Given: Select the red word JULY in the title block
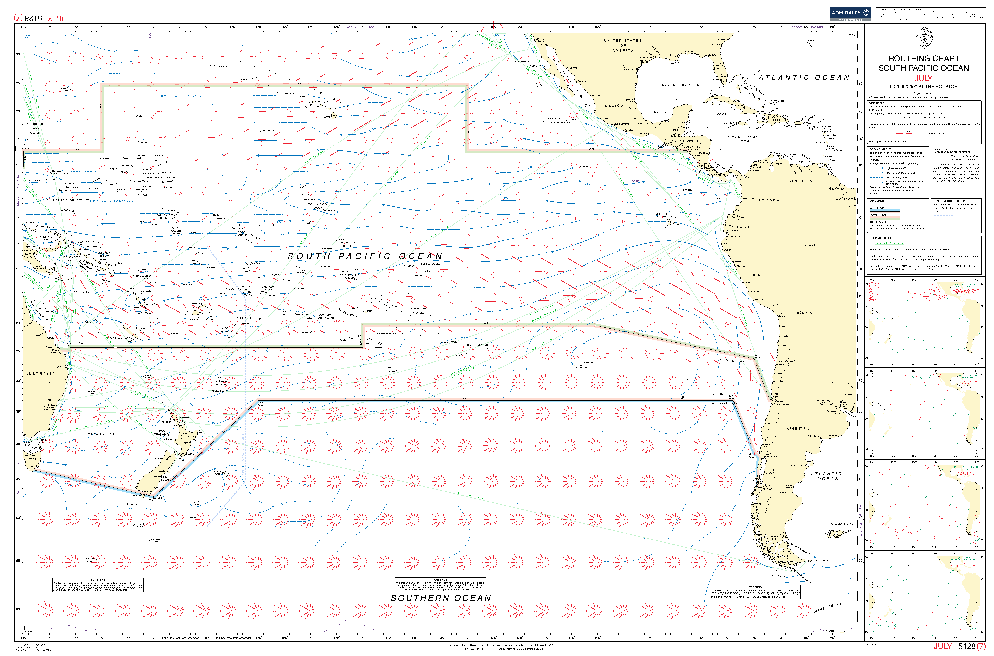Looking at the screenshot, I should (923, 78).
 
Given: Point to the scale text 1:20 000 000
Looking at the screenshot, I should (923, 87).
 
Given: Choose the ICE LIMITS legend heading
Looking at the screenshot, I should (940, 149).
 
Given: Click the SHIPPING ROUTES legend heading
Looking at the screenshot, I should (880, 238).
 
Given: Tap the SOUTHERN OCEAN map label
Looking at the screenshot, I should (440, 598).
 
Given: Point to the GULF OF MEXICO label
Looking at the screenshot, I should (678, 85).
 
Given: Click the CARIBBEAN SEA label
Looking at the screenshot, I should (745, 139).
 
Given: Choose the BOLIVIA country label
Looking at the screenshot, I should (804, 313).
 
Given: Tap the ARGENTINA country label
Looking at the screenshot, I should (798, 429).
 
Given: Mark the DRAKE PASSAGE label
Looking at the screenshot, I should (828, 608).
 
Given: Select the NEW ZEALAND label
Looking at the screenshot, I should (161, 433).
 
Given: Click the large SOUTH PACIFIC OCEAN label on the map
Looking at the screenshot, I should (365, 256).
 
